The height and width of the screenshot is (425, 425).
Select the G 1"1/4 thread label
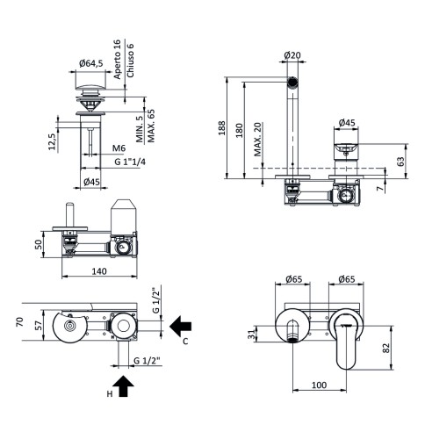131,162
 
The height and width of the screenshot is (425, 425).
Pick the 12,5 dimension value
54,140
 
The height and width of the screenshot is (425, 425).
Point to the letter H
109,394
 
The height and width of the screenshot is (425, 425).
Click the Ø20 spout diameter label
293,55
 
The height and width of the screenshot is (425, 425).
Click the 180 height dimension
241,129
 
